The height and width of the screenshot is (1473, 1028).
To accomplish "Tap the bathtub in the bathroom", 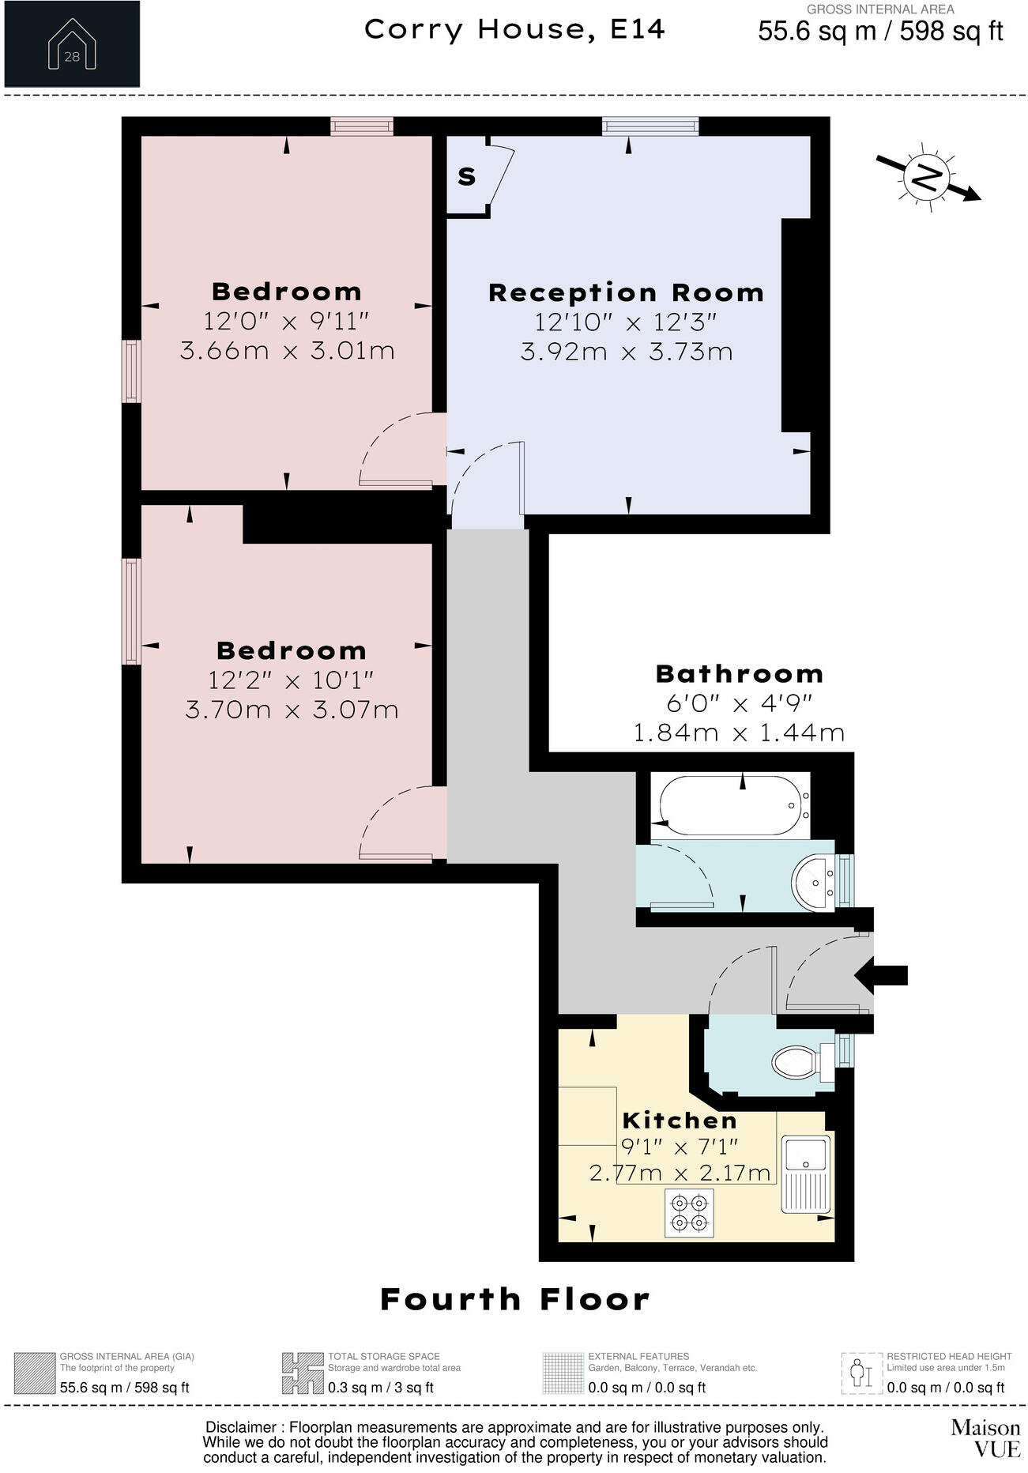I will (730, 806).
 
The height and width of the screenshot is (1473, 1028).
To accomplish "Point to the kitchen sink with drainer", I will (806, 1174).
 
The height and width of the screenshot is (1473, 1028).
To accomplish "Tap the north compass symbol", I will (928, 177).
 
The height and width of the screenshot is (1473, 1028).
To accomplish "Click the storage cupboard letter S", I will (467, 177).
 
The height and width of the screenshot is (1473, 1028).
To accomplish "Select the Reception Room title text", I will (626, 293).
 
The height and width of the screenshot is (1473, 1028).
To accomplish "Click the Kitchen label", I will (680, 1121).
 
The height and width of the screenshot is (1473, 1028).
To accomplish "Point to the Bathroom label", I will (740, 674).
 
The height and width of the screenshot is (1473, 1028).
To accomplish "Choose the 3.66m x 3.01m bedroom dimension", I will (287, 350).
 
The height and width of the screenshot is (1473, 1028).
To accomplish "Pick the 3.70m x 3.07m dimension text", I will (292, 709).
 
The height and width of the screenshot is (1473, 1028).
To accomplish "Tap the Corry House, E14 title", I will (514, 30).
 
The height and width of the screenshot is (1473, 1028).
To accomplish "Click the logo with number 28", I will (72, 43).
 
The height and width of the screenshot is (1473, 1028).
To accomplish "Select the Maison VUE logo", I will (985, 1437).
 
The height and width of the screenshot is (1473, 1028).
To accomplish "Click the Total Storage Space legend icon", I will (303, 1373).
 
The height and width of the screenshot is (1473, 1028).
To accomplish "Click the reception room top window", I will (650, 126).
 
